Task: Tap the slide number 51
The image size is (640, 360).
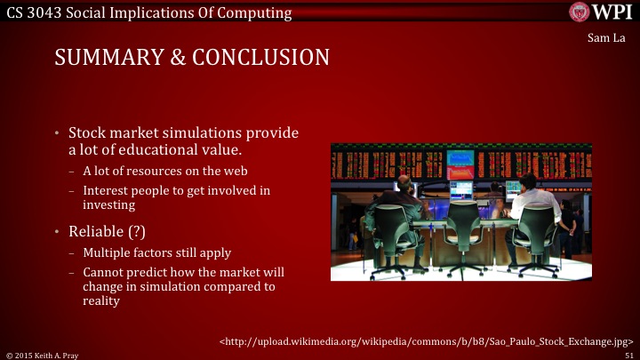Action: tap(629, 354)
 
